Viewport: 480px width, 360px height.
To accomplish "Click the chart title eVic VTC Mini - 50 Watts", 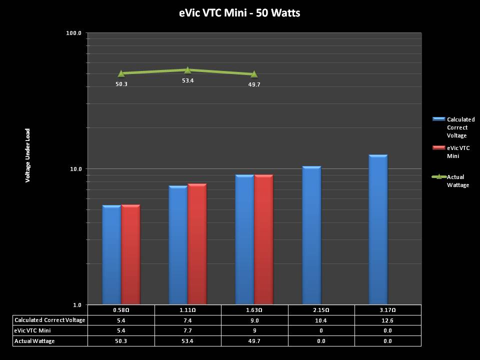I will coord(239,13).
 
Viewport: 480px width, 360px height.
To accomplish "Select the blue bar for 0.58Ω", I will coord(111,254).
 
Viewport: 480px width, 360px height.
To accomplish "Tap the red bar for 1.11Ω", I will coord(197,244).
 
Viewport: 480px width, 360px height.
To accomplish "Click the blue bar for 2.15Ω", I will coord(311,235).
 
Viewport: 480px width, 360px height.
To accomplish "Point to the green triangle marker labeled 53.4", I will coord(187,70).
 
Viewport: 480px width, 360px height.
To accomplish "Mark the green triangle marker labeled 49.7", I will coord(254,74).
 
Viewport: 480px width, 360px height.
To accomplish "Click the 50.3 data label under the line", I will coord(121,84).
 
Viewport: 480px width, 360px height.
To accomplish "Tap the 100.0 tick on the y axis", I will coord(73,33).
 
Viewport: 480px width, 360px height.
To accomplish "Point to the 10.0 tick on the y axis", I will coord(75,169).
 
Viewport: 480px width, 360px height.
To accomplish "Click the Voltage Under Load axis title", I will coord(28,155).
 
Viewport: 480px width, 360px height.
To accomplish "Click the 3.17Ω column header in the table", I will coord(387,310).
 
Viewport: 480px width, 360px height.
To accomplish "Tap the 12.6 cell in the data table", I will coord(387,320).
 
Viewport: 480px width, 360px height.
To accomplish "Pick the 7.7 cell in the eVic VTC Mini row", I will coord(188,330).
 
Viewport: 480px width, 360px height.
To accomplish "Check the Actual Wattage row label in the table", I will coord(35,341).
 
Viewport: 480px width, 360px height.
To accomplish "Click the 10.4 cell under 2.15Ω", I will coord(321,320).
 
